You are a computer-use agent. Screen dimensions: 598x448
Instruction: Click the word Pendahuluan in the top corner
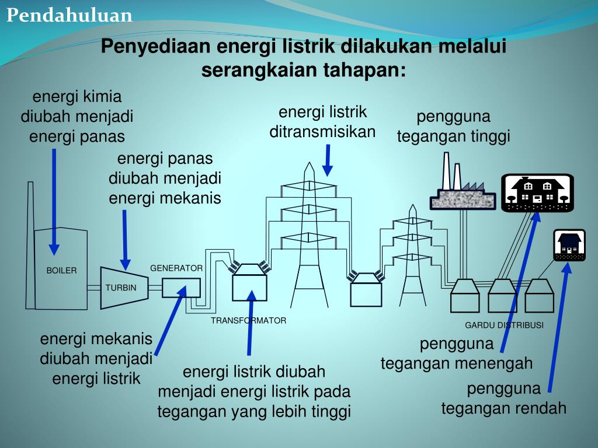[x=69, y=15]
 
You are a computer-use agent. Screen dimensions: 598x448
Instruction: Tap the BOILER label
[x=61, y=271]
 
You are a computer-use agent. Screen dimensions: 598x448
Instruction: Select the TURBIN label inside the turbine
[x=121, y=288]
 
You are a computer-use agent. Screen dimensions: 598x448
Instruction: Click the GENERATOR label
[x=176, y=268]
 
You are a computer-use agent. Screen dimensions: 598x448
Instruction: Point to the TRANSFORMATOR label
[x=248, y=320]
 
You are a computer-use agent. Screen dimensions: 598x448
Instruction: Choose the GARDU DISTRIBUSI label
[x=504, y=325]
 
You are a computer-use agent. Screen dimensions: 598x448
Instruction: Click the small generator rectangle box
[x=181, y=288]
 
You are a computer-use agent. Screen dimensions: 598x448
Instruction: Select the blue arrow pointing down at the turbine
[x=125, y=240]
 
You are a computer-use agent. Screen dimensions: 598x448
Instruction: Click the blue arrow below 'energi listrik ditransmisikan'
[x=328, y=160]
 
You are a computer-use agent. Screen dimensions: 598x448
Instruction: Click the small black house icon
[x=569, y=245]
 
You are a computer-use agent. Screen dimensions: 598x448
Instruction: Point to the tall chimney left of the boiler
[x=30, y=245]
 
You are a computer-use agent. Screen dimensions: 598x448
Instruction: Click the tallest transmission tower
[x=308, y=233]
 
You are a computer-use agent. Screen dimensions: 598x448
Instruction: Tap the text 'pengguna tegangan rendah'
[x=504, y=398]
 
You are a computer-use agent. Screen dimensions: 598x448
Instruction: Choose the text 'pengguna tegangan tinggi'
[x=453, y=126]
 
